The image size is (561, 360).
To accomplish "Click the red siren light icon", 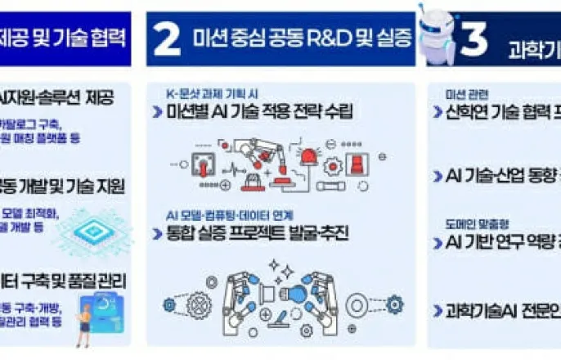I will pos(308,158).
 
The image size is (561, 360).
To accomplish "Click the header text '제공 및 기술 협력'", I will pos(65,38).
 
